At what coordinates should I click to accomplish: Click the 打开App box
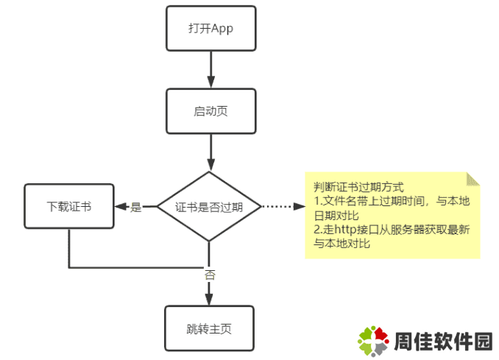(x=210, y=28)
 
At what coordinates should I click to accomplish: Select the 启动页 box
(x=210, y=111)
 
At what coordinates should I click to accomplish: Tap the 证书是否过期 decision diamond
(x=210, y=207)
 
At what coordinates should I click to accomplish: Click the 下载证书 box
(x=69, y=207)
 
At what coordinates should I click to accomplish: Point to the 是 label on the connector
(x=136, y=208)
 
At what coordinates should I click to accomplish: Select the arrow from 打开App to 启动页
(x=210, y=70)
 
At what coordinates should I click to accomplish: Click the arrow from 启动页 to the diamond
(x=210, y=153)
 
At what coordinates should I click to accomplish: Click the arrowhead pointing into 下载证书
(x=120, y=207)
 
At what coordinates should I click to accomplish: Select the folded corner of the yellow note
(x=473, y=178)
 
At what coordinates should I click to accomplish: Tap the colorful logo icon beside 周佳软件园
(x=373, y=341)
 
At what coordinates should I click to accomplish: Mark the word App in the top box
(x=222, y=28)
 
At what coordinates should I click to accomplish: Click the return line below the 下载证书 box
(x=132, y=267)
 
